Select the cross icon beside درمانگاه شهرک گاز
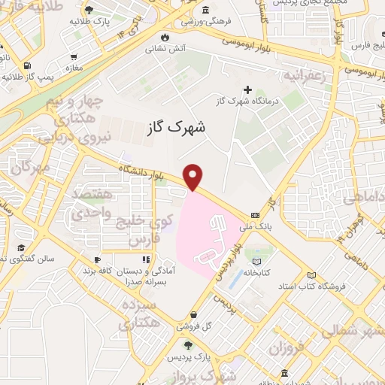click(x=268, y=89)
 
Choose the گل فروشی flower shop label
click(x=193, y=327)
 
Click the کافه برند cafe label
click(x=107, y=268)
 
